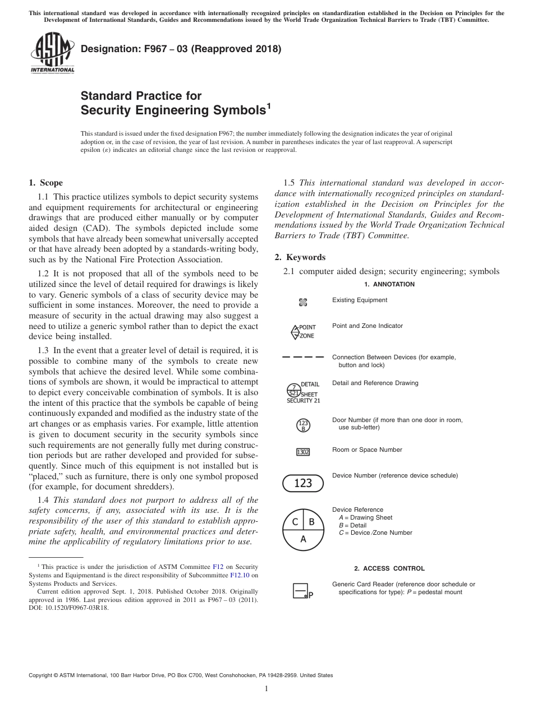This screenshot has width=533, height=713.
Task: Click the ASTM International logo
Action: click(x=52, y=53)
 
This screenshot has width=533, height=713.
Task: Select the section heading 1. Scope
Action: click(x=45, y=183)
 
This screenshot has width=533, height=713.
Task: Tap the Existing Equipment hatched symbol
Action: click(x=303, y=303)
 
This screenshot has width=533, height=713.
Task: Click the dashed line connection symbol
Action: click(x=303, y=357)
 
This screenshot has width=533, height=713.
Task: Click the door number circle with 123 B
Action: click(x=303, y=425)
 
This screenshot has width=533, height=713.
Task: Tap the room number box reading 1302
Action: click(x=303, y=452)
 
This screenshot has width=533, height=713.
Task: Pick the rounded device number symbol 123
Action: click(x=303, y=483)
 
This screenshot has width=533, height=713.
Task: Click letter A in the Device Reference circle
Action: click(x=303, y=539)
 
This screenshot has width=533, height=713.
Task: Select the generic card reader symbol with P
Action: click(x=301, y=591)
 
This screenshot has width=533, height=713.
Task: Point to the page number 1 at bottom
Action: click(x=266, y=689)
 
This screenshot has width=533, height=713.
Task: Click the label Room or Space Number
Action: click(x=367, y=450)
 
